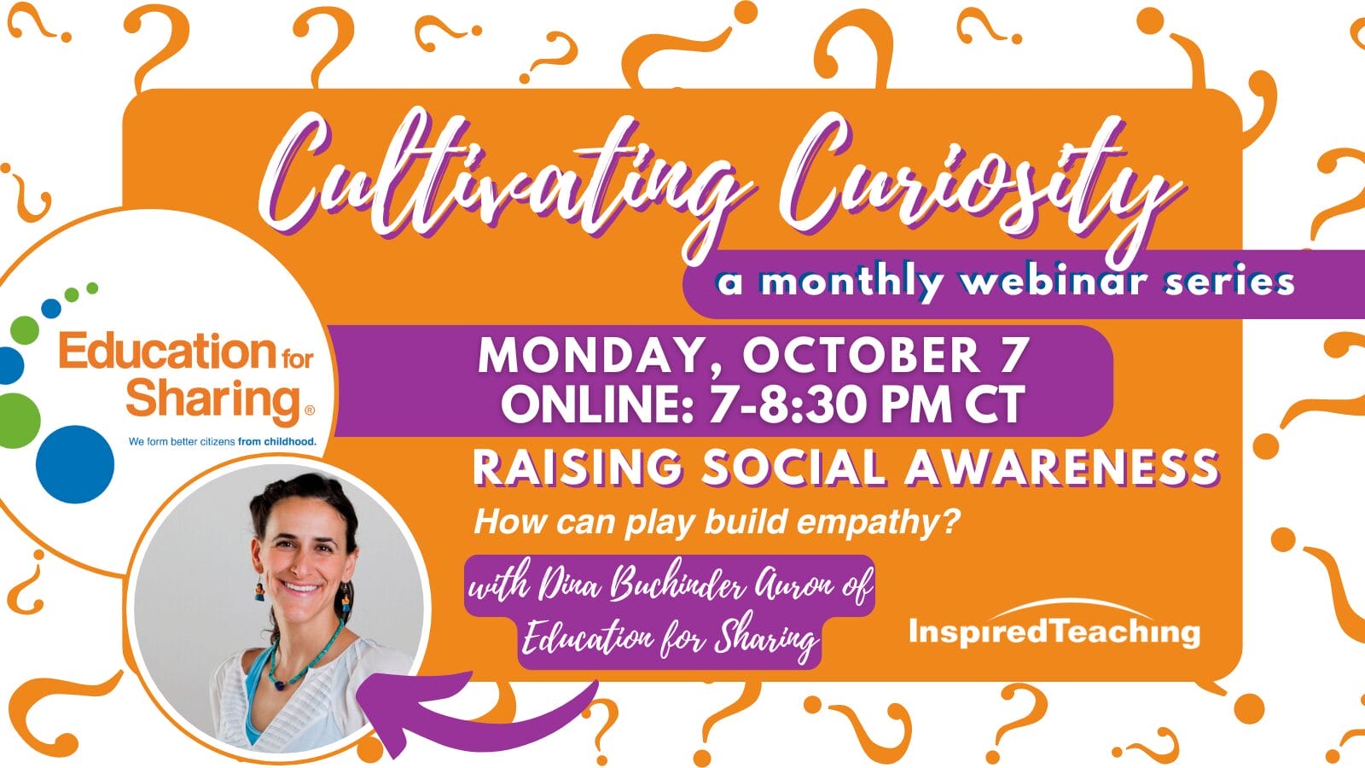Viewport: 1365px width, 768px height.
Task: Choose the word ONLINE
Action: tap(597, 404)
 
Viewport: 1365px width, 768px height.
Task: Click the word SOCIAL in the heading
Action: tap(793, 468)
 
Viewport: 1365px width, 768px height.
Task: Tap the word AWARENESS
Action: tap(1061, 468)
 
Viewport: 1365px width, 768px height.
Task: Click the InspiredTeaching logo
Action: tap(1054, 624)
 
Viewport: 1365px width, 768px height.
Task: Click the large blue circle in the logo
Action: tap(75, 464)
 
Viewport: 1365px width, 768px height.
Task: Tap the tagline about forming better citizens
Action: tap(223, 441)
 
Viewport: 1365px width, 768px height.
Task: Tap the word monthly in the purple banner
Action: tap(850, 283)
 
